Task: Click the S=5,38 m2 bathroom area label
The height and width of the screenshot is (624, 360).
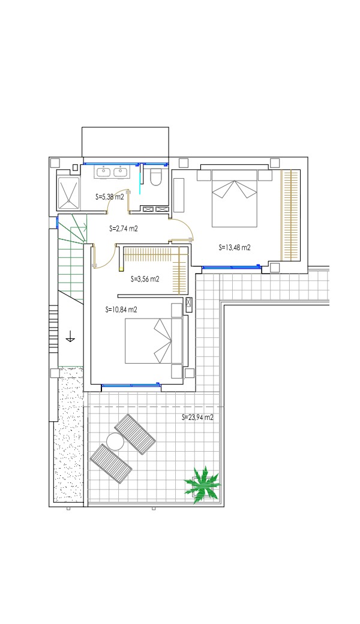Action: click(x=110, y=196)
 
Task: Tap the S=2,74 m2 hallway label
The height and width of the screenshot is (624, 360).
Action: click(x=124, y=229)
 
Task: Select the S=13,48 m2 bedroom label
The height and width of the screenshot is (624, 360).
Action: click(x=235, y=248)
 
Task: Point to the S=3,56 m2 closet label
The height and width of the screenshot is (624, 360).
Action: click(x=145, y=279)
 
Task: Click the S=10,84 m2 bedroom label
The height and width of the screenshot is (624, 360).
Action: click(x=121, y=310)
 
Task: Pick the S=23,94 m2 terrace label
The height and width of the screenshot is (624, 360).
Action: click(x=198, y=418)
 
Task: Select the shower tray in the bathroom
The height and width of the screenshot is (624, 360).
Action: click(x=69, y=192)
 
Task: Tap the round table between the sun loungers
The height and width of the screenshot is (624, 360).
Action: click(x=115, y=442)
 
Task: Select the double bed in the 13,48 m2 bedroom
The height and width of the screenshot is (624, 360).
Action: click(x=235, y=198)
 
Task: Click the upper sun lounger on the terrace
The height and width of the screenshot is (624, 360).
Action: click(x=135, y=434)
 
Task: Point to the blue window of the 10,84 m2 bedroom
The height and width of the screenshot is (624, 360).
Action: click(x=130, y=385)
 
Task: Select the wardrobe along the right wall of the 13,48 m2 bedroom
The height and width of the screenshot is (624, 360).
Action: click(x=290, y=214)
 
